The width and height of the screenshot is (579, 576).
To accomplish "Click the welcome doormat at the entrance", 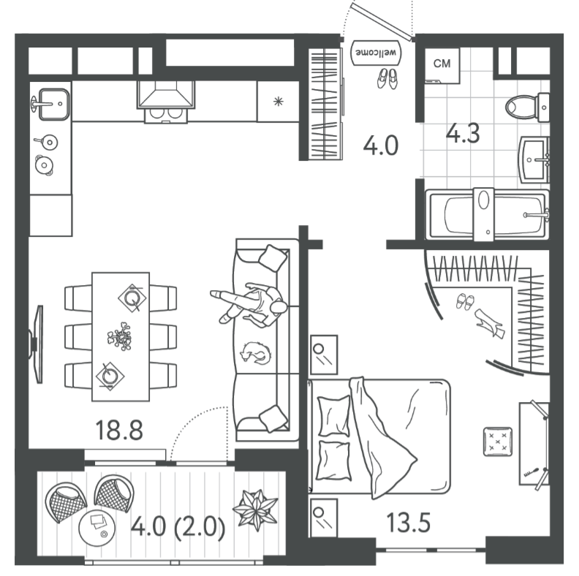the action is coord(376,53).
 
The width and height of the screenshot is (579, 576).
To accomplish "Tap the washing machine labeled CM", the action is coord(442,65).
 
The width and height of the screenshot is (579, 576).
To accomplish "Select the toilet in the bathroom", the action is coord(527,107).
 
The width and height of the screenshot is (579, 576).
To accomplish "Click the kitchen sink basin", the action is coord(54,104).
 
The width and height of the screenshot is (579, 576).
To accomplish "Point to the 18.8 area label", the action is coord(119,430).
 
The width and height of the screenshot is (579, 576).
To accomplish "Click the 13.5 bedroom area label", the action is coord(409,523).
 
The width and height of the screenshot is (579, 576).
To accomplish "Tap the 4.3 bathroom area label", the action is coord(463,133).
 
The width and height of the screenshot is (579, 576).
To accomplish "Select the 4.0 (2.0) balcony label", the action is coord(178,526).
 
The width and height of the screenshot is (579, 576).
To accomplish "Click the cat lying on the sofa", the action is coord(256,353).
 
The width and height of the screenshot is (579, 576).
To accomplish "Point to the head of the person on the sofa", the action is coord(279,307).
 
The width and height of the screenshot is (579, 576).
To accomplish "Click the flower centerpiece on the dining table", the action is coord(120,336).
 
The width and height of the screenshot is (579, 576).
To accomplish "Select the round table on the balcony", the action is coord(96,527).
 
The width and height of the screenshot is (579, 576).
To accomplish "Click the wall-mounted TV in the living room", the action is coord(37,344).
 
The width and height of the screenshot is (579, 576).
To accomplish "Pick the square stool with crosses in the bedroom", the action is coord(498,442).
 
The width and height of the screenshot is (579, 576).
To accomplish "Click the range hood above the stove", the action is coord(166,95).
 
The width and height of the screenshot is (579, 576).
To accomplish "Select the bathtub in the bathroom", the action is coord(487,214).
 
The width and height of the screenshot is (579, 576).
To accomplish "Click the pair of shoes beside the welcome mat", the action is coord(387,79).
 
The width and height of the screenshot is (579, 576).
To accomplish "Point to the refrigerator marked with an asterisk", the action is coord(278,102).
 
